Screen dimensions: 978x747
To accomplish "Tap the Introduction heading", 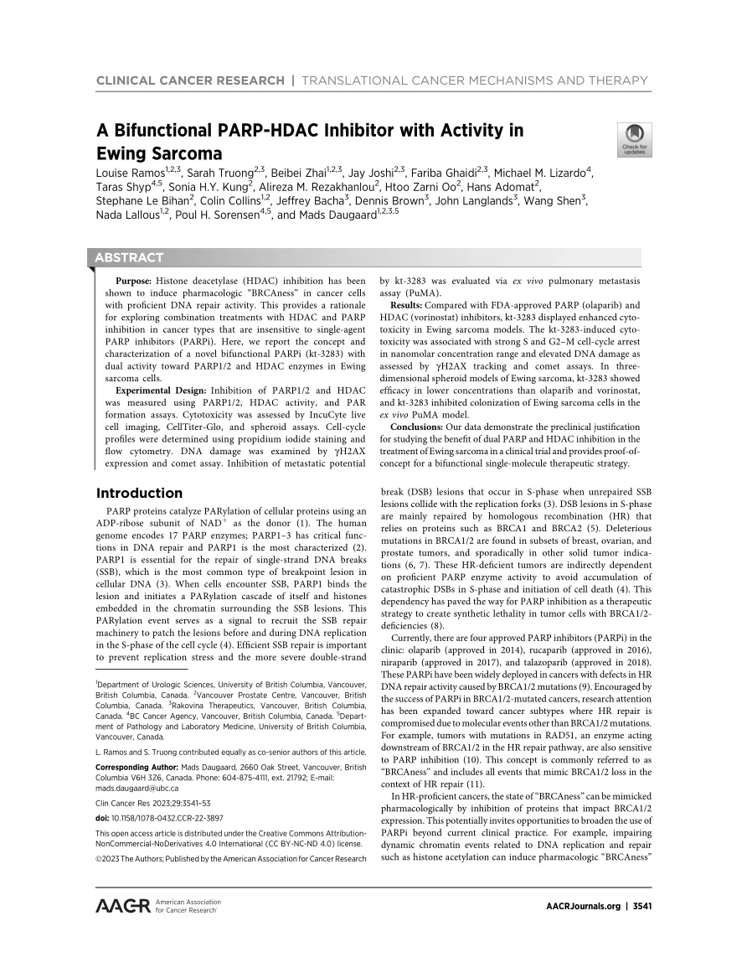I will tap(139, 493).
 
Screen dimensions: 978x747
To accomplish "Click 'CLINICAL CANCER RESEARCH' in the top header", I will tap(190, 80).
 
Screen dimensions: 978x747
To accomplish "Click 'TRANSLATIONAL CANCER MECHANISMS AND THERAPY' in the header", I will tap(474, 80).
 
